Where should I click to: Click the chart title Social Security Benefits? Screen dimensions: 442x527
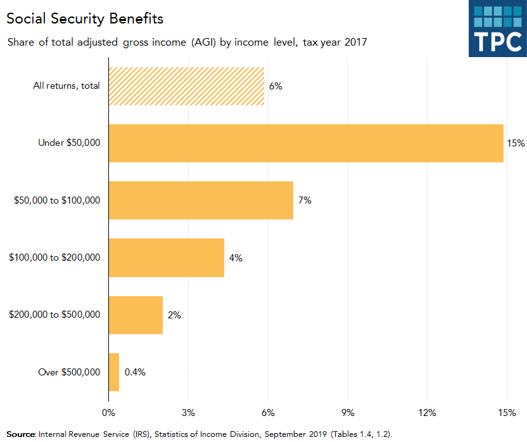[x=85, y=18]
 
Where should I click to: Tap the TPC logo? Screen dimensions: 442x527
[x=497, y=29]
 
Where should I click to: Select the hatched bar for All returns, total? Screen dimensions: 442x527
[x=186, y=86]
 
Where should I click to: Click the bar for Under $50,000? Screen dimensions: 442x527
[x=306, y=143]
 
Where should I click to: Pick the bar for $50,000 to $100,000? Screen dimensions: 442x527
[x=201, y=200]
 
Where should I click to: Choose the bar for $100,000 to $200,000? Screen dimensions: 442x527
[x=167, y=257]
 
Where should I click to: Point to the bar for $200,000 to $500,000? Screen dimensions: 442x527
[x=136, y=315]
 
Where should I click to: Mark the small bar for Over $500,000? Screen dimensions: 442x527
[x=114, y=372]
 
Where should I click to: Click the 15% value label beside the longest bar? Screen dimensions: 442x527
[x=516, y=143]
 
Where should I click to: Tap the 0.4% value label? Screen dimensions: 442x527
[x=135, y=372]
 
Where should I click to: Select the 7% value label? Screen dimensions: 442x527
[x=305, y=200]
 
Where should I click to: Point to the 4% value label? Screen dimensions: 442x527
[x=236, y=258]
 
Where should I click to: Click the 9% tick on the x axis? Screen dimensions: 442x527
[x=348, y=413]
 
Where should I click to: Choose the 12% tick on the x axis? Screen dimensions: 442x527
[x=427, y=413]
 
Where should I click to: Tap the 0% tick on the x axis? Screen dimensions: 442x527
[x=108, y=413]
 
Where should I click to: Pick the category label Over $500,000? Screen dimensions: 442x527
[x=69, y=372]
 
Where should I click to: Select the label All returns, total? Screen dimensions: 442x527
[x=67, y=86]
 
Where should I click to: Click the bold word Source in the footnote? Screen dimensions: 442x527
[x=20, y=434]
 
